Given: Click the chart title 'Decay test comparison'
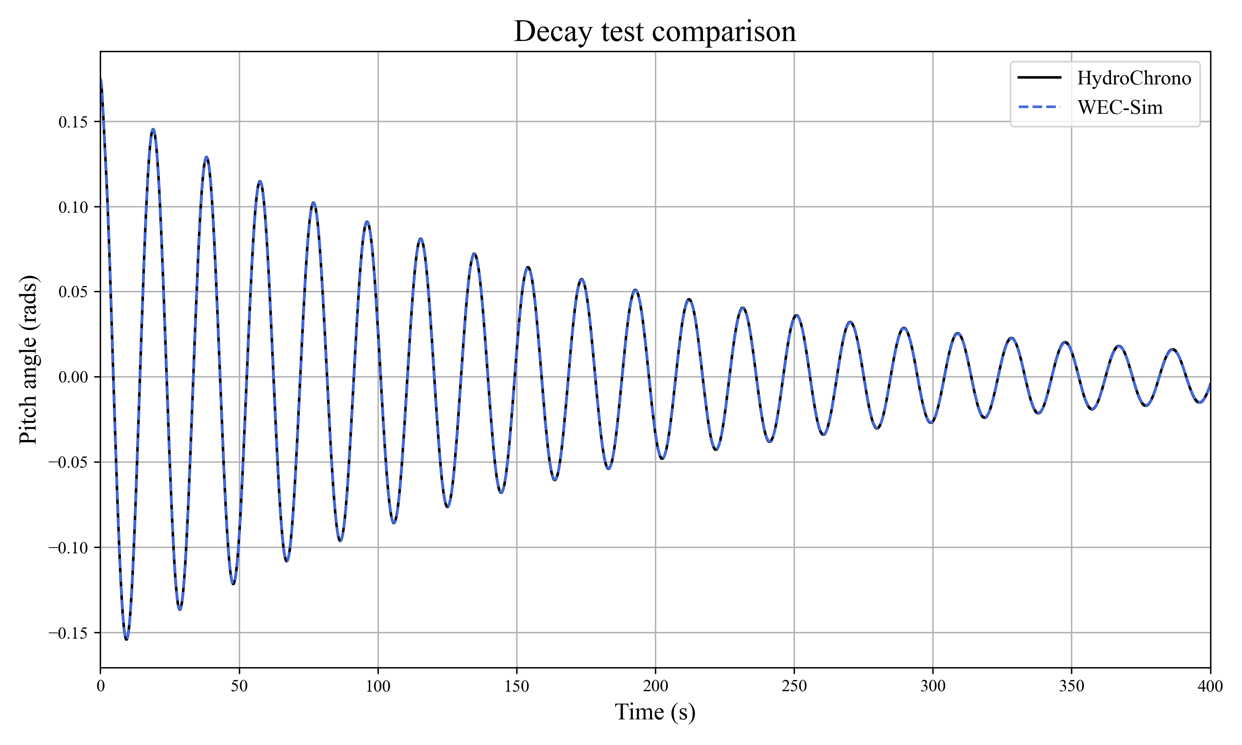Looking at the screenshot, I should [655, 31].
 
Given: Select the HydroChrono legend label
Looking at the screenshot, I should [1134, 78].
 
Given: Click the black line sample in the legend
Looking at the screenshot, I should [1039, 77].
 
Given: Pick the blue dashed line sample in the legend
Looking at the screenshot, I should [1039, 107].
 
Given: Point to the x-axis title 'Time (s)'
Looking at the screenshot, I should [655, 712].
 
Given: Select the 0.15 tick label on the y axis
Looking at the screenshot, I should [73, 122].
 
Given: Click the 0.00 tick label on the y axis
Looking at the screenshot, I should [73, 377].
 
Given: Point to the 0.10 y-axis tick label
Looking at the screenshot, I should [73, 207].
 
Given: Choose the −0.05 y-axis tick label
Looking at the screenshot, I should [68, 462].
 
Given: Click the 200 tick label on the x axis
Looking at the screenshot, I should [655, 686].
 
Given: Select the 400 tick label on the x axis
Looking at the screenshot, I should [1210, 686].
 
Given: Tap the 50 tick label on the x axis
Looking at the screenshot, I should [239, 686].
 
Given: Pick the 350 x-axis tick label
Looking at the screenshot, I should [1071, 686].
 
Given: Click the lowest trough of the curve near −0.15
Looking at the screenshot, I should [127, 639].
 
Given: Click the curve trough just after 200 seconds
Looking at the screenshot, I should [662, 458].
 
